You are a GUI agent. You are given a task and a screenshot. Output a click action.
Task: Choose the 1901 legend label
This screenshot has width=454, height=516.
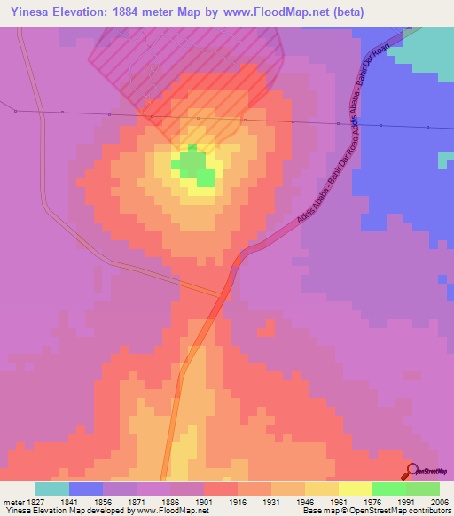(203, 501)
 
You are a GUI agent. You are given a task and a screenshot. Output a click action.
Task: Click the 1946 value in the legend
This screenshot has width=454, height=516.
(304, 501)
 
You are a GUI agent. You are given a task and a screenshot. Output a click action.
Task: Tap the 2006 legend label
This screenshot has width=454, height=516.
(438, 501)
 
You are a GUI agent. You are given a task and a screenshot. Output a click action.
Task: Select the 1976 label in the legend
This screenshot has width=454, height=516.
(372, 501)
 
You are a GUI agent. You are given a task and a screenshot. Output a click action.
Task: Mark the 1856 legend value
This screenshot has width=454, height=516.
(103, 501)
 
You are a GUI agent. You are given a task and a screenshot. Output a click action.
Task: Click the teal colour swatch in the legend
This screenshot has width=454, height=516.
(52, 489)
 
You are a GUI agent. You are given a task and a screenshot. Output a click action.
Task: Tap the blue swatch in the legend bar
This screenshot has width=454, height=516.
(86, 489)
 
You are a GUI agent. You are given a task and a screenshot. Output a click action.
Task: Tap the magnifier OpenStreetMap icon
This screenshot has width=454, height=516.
(411, 471)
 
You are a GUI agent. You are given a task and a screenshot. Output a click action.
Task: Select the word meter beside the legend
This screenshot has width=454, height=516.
(12, 501)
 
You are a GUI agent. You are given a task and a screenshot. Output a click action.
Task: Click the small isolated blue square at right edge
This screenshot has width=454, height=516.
(446, 160)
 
